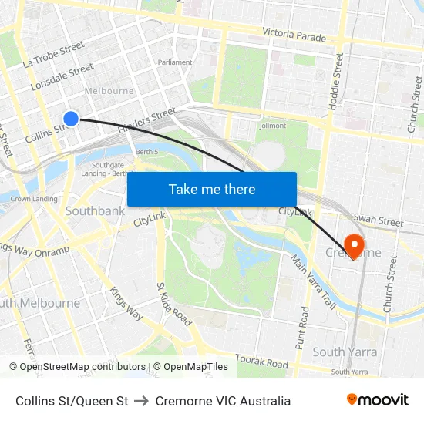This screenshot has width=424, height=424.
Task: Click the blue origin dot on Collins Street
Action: point(70,118)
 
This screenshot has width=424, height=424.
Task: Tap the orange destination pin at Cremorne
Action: point(355,246)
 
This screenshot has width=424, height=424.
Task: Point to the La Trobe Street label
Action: point(53,54)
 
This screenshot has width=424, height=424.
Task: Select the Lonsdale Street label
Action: point(62,78)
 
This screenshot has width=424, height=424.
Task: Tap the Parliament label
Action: point(174,62)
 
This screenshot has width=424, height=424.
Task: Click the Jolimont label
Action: point(273,126)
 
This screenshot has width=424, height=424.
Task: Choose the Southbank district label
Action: point(95,210)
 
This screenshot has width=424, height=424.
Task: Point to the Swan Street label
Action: point(378,221)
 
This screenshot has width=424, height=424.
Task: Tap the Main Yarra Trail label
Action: point(314,282)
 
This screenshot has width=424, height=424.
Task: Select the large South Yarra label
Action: point(345,352)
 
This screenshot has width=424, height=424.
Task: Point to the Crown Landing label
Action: point(34,199)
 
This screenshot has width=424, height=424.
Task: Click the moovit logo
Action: point(377,400)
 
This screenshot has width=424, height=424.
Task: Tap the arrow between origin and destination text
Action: point(142,401)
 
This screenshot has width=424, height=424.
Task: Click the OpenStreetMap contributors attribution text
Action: point(77,367)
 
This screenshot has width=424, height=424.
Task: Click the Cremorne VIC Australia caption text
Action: point(223,401)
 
